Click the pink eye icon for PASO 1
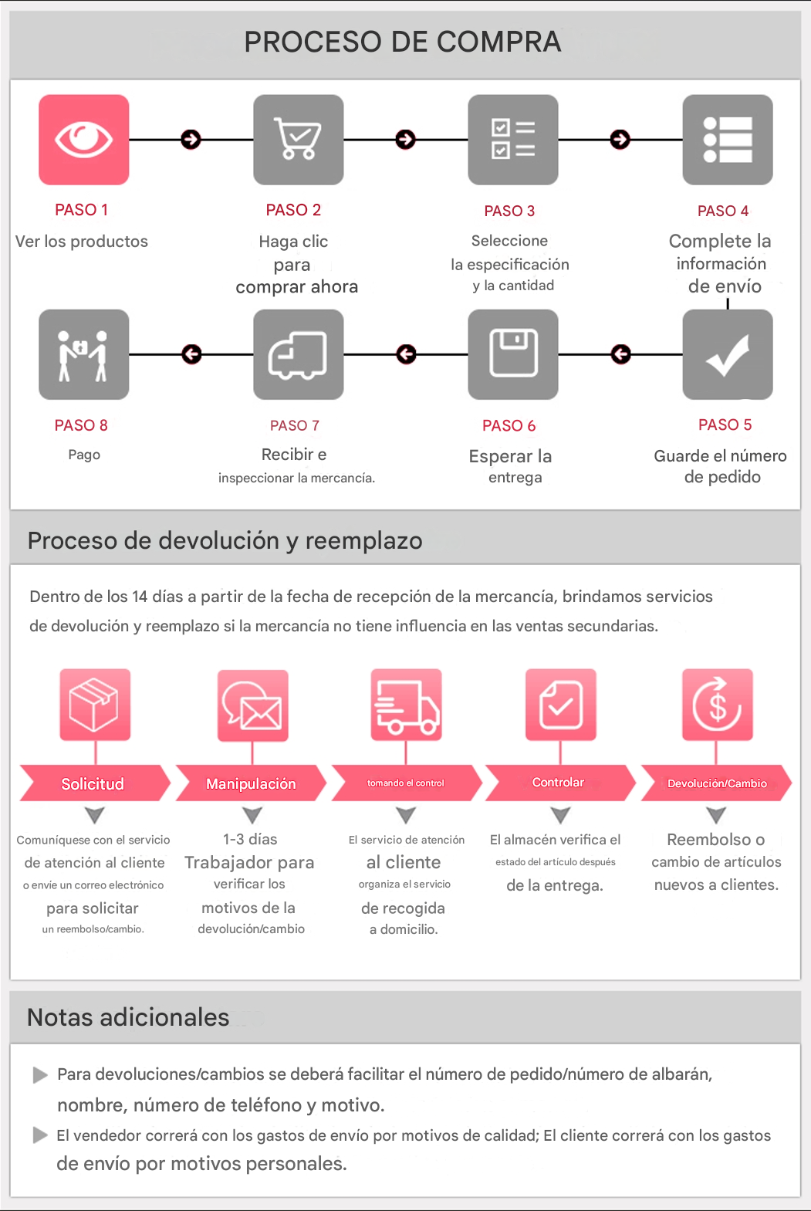[x=84, y=140]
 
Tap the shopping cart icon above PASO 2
[x=299, y=140]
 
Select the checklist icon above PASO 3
[x=513, y=140]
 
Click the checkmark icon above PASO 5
[x=728, y=354]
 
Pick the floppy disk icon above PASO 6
[x=513, y=354]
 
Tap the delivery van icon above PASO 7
[x=299, y=354]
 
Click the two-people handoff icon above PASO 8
[x=84, y=354]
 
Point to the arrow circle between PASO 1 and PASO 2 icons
[x=191, y=140]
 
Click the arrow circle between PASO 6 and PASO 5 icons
[x=620, y=354]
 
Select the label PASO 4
[x=723, y=211]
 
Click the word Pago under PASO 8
[x=84, y=455]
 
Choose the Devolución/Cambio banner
[x=716, y=783]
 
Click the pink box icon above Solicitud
[x=95, y=705]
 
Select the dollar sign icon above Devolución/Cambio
[x=718, y=705]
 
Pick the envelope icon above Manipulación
[x=252, y=705]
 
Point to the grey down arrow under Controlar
[x=561, y=815]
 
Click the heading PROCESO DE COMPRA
[x=403, y=42]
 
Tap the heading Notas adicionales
[x=128, y=1017]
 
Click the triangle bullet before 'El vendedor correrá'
[x=40, y=1135]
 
